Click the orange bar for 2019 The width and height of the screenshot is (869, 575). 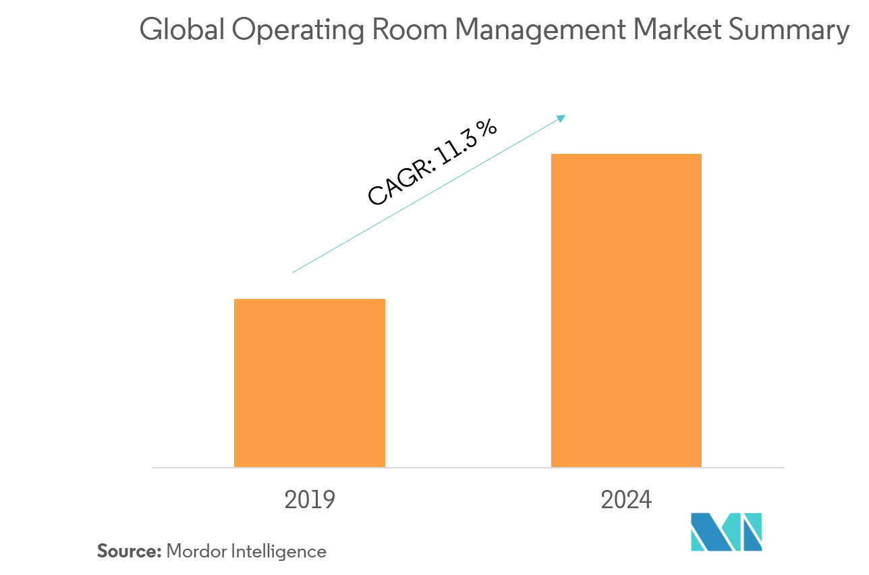click(310, 383)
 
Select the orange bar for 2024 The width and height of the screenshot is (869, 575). click(626, 310)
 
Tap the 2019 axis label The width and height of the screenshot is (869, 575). click(310, 500)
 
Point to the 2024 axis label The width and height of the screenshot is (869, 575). click(626, 500)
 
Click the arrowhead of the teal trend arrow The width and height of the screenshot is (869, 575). click(561, 118)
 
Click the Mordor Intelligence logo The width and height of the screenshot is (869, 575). click(726, 531)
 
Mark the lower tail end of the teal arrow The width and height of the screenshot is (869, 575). click(293, 272)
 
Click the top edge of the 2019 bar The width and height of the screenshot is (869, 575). click(310, 300)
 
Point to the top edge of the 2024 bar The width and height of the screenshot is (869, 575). click(626, 155)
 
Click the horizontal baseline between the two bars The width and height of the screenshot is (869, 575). click(468, 467)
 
